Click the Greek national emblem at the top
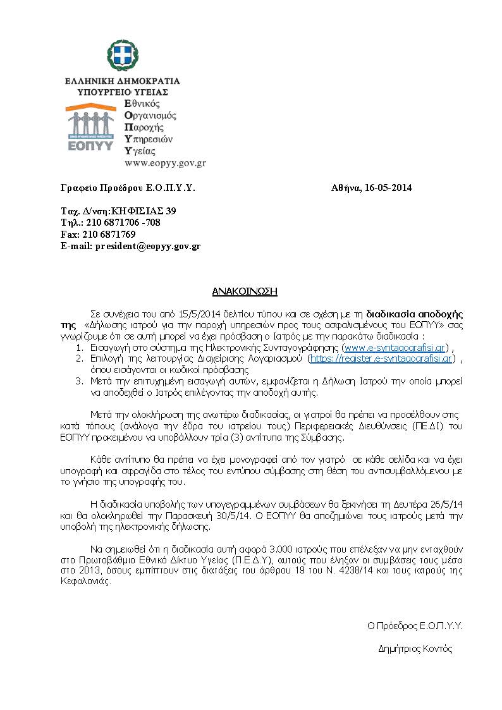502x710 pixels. point(123,58)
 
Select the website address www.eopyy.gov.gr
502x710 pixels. point(165,162)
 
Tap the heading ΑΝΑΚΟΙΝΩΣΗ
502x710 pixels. point(245,291)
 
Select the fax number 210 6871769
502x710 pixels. point(109,235)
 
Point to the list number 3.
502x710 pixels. point(79,381)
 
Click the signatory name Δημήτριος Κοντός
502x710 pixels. point(415,649)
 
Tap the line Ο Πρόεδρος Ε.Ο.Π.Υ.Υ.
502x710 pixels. point(415,627)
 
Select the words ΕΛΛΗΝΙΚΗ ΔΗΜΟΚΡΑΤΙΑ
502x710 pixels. point(122,81)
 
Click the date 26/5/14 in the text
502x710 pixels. point(447,505)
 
